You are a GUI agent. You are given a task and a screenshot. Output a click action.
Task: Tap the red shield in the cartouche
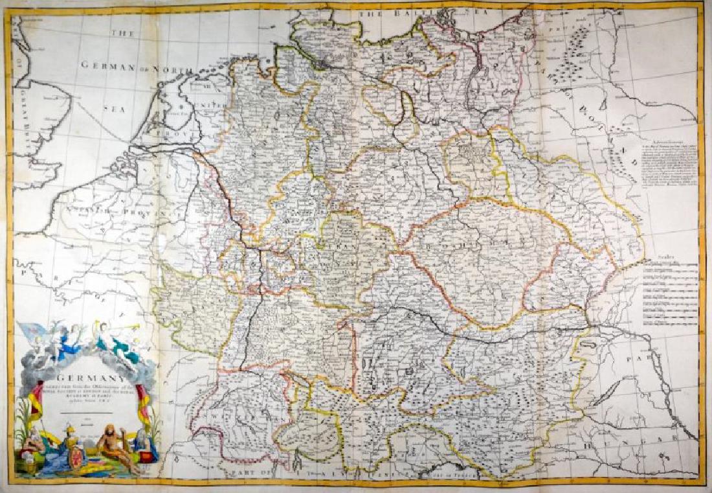(x=76, y=453)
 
